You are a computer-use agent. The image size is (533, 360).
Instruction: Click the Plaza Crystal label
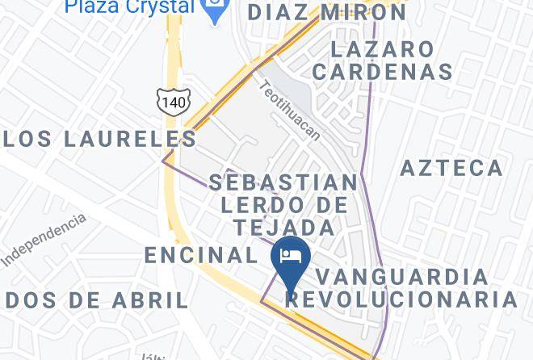click(129, 7)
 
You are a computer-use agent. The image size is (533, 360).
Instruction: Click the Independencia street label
click(44, 240)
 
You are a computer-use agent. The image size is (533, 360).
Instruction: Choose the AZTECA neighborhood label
click(452, 168)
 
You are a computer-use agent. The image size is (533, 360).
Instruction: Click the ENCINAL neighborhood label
click(200, 255)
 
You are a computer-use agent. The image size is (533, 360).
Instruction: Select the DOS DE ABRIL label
click(96, 300)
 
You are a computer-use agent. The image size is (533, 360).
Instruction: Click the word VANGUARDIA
click(402, 277)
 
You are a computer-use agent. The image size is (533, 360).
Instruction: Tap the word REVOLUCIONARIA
click(402, 299)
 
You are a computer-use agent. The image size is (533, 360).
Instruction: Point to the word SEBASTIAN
click(283, 182)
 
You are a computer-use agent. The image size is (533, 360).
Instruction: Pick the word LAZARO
click(383, 49)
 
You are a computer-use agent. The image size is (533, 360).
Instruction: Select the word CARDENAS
click(383, 72)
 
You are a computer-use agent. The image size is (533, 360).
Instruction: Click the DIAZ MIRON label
click(327, 13)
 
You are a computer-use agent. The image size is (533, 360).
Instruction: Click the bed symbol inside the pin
click(290, 256)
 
